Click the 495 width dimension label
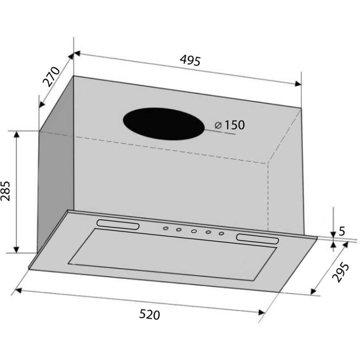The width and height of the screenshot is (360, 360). (x=190, y=61)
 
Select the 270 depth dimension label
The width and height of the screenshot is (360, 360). (x=51, y=76)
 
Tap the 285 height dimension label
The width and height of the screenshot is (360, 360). (x=5, y=191)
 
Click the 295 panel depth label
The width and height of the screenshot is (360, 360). (x=341, y=272)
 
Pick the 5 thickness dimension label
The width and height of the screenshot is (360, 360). (x=342, y=231)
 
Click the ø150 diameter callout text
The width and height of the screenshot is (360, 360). (x=229, y=125)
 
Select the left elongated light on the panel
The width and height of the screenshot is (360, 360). (x=118, y=224)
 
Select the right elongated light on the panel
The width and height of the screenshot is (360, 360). (x=257, y=239)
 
